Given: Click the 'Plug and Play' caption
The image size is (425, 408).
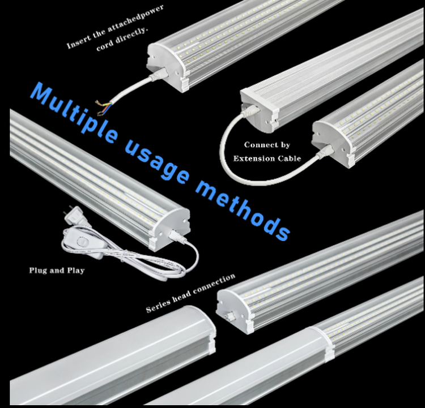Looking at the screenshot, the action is click(x=57, y=270).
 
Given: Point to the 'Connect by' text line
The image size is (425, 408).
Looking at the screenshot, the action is click(x=267, y=145).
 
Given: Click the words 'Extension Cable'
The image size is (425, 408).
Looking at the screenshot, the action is click(x=267, y=158).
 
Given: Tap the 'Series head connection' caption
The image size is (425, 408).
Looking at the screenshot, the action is click(x=190, y=293).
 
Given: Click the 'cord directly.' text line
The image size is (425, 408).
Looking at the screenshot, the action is click(x=122, y=39).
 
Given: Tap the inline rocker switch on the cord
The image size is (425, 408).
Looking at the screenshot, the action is click(x=82, y=242).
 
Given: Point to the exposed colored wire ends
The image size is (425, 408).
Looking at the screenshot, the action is click(x=103, y=108).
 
